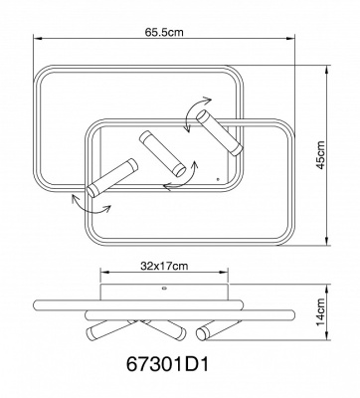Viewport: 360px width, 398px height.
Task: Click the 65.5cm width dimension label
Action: click(164, 33)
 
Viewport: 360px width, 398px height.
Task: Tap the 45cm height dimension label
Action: click(320, 155)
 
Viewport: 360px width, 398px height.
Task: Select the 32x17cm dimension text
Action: click(164, 266)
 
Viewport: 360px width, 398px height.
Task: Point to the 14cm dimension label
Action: click(320, 312)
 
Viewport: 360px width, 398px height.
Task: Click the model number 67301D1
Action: click(168, 365)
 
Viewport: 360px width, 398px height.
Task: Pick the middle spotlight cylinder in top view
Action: click(162, 153)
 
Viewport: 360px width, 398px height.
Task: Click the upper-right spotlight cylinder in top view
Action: click(220, 132)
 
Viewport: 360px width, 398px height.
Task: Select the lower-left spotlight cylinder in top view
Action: click(111, 178)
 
